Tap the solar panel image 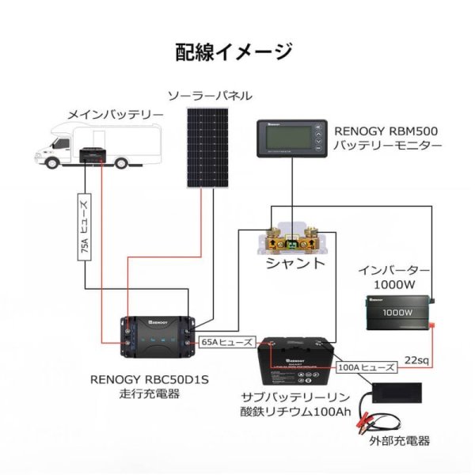(208, 148)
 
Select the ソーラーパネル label (209, 96)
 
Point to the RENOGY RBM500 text (386, 131)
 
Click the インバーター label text (393, 270)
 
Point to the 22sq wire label (416, 359)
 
